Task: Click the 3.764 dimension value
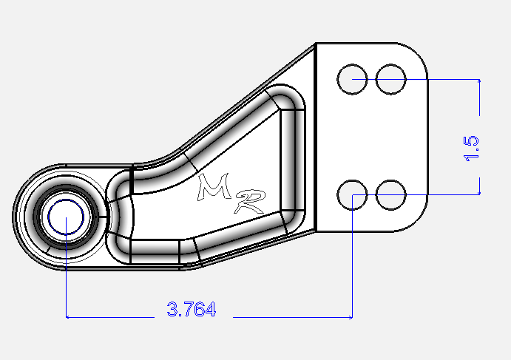point(192,310)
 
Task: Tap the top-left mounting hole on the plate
point(351,79)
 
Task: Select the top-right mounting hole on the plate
point(390,79)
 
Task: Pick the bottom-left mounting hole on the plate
point(351,195)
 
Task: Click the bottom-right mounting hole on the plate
point(390,195)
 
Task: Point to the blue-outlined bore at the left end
point(66,219)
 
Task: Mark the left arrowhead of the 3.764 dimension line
point(70,317)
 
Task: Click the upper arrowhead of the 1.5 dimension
point(480,82)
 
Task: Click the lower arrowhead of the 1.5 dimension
point(480,191)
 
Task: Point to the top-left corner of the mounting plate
point(317,44)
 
